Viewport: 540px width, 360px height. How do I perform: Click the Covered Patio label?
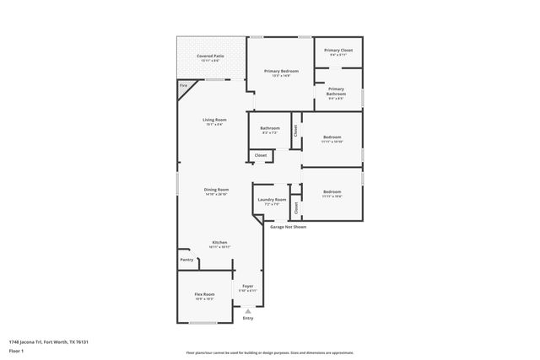(x=209, y=56)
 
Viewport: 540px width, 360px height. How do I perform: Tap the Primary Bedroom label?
(x=280, y=72)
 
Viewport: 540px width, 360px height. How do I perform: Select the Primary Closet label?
(x=339, y=51)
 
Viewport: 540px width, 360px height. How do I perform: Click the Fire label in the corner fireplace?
(x=183, y=86)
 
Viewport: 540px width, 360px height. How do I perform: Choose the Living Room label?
(x=214, y=120)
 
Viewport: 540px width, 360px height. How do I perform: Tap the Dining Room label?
(x=217, y=190)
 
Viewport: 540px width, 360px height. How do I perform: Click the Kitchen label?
(x=219, y=243)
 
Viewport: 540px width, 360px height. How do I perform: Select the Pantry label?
(x=187, y=260)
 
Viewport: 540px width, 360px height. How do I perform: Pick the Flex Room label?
(x=204, y=295)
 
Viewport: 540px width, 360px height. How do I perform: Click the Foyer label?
(x=248, y=286)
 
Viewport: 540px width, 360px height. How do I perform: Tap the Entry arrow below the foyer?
(x=248, y=311)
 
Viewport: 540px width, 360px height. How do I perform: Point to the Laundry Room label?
(x=272, y=201)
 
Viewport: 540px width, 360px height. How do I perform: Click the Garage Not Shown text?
(x=288, y=227)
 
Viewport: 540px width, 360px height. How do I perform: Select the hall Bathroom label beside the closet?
(x=270, y=128)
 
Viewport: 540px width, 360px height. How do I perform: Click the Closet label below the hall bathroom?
(x=261, y=155)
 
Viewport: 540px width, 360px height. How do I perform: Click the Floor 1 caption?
(x=16, y=351)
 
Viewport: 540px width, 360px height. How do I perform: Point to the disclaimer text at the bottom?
(x=270, y=353)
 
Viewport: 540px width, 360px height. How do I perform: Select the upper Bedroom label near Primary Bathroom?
(x=332, y=137)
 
